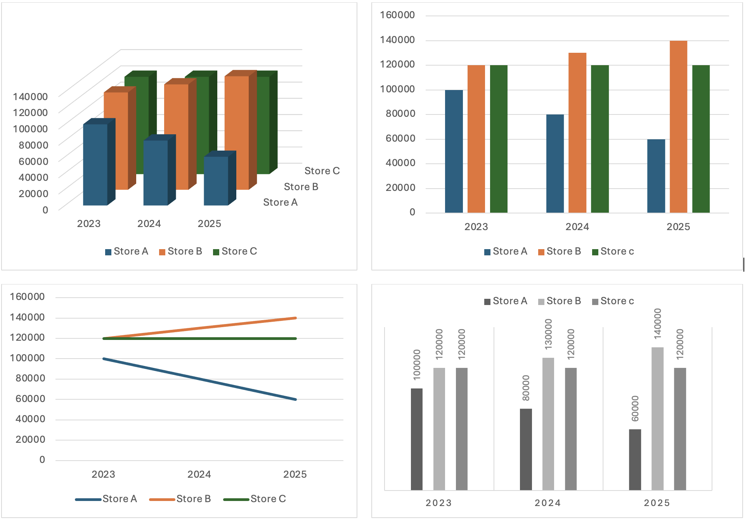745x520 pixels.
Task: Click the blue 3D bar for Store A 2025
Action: pyautogui.click(x=216, y=180)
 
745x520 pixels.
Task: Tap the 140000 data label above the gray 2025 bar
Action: pyautogui.click(x=657, y=324)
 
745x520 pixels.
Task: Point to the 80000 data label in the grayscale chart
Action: pyautogui.click(x=526, y=388)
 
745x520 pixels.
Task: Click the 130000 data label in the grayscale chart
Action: pyautogui.click(x=548, y=334)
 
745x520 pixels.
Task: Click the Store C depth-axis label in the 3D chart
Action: pyautogui.click(x=322, y=171)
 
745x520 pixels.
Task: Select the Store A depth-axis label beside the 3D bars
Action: pyautogui.click(x=280, y=202)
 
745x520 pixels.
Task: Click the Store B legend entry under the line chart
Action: pyautogui.click(x=193, y=499)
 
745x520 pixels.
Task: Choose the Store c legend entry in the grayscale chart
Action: pyautogui.click(x=617, y=301)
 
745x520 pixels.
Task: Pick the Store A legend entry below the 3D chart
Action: pyautogui.click(x=130, y=251)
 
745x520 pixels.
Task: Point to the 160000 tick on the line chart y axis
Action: pyautogui.click(x=27, y=297)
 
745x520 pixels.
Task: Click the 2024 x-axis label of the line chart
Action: pyautogui.click(x=199, y=474)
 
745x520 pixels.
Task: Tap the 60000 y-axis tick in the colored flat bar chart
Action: pyautogui.click(x=400, y=138)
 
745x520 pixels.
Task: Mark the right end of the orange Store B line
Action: pyautogui.click(x=296, y=318)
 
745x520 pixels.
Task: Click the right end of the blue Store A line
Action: pyautogui.click(x=296, y=399)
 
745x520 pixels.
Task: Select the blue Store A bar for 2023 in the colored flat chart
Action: pyautogui.click(x=454, y=151)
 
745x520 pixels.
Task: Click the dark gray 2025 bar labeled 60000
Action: pyautogui.click(x=635, y=459)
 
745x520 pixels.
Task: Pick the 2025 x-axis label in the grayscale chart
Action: pyautogui.click(x=657, y=503)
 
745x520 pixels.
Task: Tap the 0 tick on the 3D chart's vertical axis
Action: pyautogui.click(x=45, y=210)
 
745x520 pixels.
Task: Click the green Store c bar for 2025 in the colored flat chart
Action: pyautogui.click(x=701, y=139)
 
